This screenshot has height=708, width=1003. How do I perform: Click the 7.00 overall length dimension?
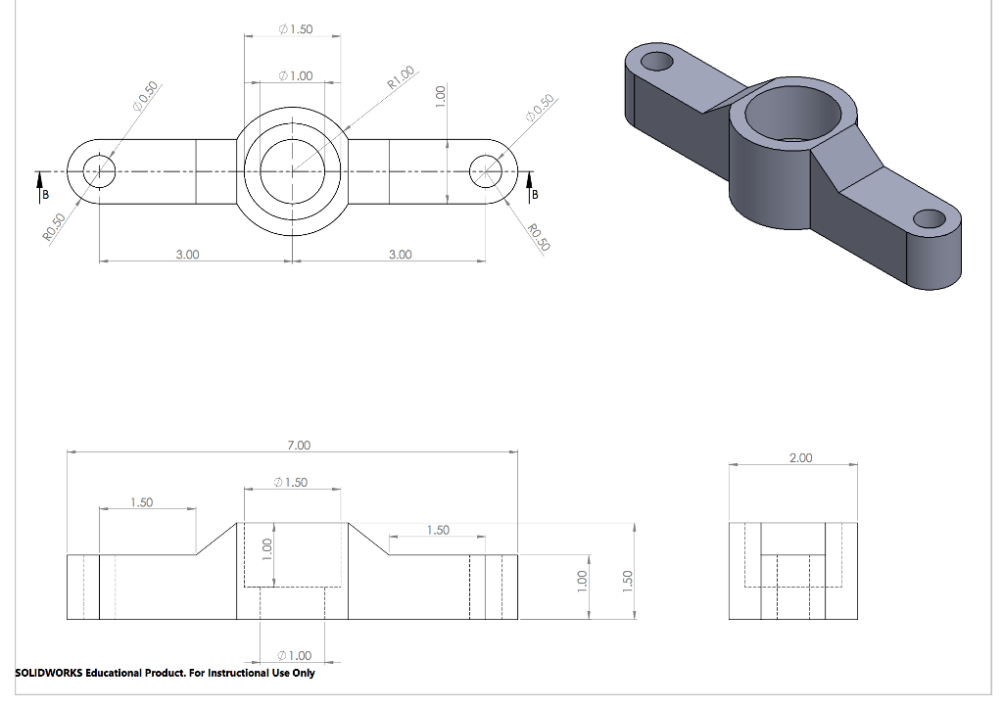[299, 446]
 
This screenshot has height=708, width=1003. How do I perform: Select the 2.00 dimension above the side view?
[801, 458]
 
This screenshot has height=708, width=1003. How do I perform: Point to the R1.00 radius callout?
[401, 77]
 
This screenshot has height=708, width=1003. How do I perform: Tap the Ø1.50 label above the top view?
[296, 29]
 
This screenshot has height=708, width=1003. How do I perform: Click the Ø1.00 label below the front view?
[294, 655]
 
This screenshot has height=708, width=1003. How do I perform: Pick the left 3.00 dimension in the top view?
[187, 255]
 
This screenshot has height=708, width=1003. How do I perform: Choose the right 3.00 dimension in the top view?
[401, 255]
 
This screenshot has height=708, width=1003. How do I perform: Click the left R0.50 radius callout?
[55, 228]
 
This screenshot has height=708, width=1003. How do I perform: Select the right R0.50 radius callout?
[539, 237]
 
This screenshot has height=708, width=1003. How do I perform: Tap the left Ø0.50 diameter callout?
[145, 97]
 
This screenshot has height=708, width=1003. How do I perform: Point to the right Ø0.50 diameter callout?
[540, 108]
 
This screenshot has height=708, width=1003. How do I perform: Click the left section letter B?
[45, 195]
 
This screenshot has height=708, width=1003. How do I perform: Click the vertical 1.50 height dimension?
[628, 581]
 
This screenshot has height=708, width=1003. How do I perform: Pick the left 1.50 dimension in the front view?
[142, 502]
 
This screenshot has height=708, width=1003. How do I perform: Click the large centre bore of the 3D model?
[793, 114]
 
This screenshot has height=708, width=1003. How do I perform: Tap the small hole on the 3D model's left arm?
[657, 62]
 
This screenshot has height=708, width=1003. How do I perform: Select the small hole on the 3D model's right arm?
[930, 219]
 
